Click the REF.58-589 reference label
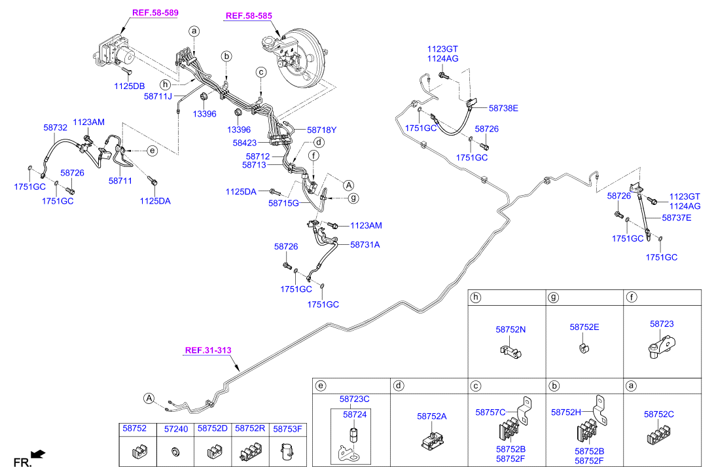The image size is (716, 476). [x=155, y=13]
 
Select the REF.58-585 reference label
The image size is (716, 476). [x=249, y=16]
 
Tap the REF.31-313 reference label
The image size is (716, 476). [x=208, y=350]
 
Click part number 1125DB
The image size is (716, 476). [x=129, y=86]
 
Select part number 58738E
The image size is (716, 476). [x=503, y=108]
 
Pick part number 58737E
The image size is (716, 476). [x=676, y=218]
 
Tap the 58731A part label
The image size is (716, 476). [x=365, y=245]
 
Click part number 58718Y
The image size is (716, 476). [x=321, y=130]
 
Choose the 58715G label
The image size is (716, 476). [x=283, y=203]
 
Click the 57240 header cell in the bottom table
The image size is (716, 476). [x=176, y=430]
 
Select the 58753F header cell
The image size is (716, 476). [x=288, y=430]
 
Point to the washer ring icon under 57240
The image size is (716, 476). [x=175, y=452]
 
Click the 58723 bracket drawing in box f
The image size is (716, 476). [x=662, y=345]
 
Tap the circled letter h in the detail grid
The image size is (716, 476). [x=476, y=297]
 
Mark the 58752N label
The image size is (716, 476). [x=510, y=329]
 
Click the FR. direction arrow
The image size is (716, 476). [x=39, y=454]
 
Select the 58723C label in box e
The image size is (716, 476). [x=354, y=399]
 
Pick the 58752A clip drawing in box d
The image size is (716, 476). [x=432, y=440]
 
